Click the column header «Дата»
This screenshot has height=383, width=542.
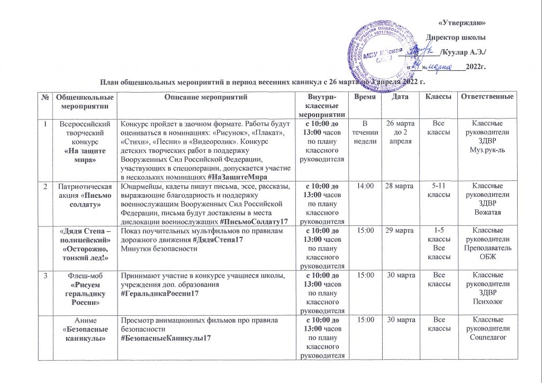point(400,98)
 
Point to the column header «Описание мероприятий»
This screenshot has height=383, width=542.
point(206,98)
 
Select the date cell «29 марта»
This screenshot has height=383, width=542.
point(400,232)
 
